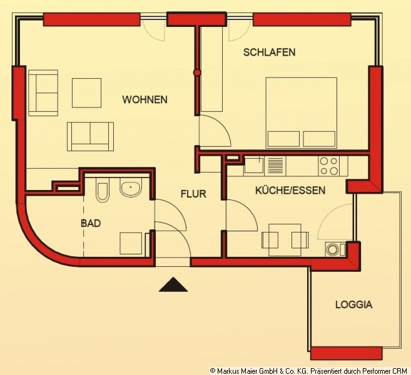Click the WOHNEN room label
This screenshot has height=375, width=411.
(x=145, y=99)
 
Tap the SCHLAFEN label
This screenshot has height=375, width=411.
(x=269, y=52)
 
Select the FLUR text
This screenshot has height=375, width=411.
(x=193, y=194)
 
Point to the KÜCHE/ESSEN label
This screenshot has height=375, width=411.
(x=290, y=191)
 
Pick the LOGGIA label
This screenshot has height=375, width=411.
(x=354, y=304)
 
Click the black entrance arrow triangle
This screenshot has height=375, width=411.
(x=173, y=284)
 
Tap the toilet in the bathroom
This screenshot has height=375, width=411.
(x=102, y=190)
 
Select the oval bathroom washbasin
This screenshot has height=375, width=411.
(x=131, y=187)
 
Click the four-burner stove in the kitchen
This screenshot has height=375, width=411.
(x=328, y=166)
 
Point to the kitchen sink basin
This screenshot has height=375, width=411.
(x=254, y=165)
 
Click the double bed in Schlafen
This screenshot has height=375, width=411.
(x=301, y=113)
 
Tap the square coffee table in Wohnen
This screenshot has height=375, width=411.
(x=86, y=92)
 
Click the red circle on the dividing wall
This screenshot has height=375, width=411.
(x=197, y=72)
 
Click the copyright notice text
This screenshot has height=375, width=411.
(x=308, y=371)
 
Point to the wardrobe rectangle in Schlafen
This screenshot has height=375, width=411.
(x=211, y=69)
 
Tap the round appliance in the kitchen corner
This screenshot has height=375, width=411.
(x=332, y=249)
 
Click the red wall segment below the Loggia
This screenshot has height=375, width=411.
(x=347, y=353)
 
